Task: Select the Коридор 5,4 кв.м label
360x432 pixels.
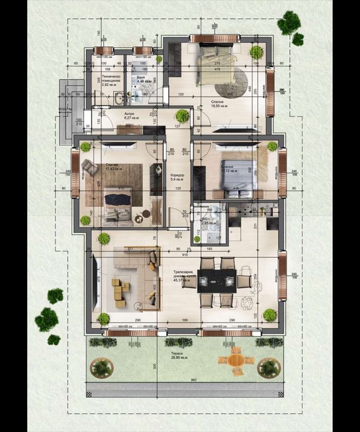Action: click(x=178, y=177)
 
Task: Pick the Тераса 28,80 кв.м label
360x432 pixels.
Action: click(x=181, y=356)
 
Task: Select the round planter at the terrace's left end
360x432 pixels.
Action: click(x=101, y=367)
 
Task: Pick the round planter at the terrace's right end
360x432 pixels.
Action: click(x=268, y=368)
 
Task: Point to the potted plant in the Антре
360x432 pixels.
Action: click(x=182, y=115)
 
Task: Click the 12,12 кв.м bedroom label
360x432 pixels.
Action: click(x=228, y=168)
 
